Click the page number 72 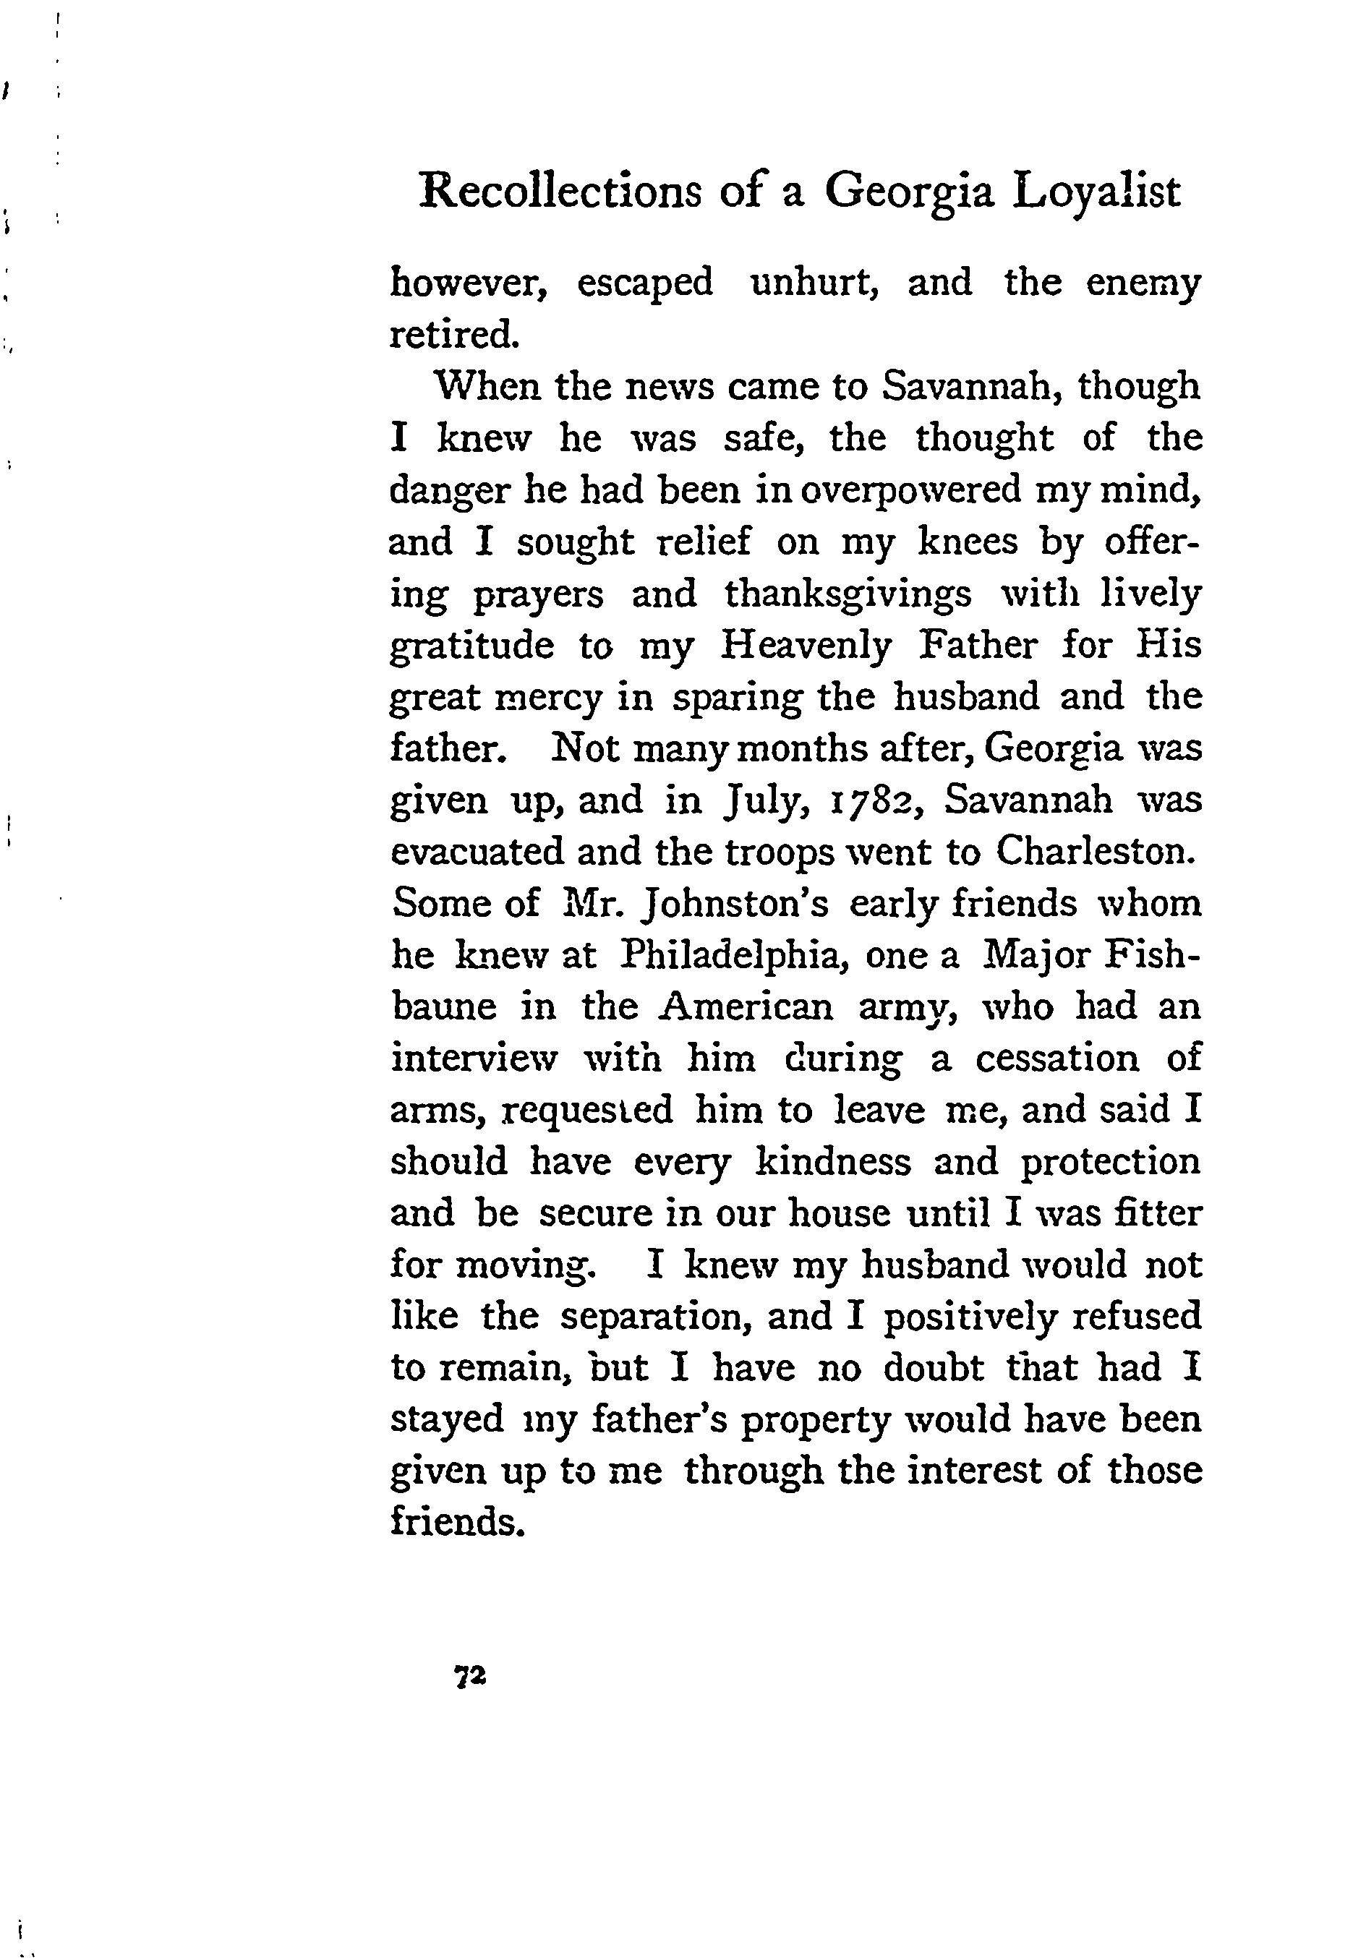tap(470, 1675)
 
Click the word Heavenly tap(805, 646)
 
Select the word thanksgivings tap(848, 594)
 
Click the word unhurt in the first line tap(814, 282)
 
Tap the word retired tap(453, 334)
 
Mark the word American tap(747, 1007)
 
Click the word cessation tap(1057, 1059)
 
